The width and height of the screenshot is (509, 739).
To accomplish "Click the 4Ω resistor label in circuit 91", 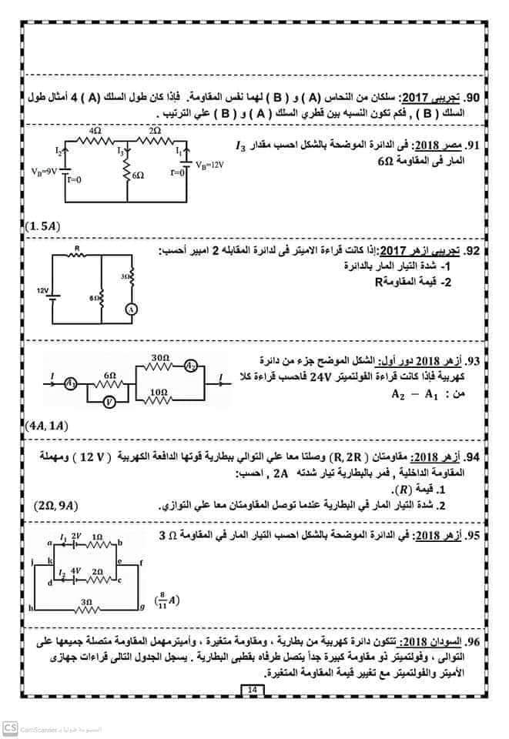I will tap(95, 132).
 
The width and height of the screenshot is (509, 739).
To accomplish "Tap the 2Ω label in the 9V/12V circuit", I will tap(155, 132).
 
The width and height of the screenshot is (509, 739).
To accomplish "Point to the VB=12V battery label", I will tap(208, 165).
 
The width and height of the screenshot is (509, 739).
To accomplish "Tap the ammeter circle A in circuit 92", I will tap(132, 309).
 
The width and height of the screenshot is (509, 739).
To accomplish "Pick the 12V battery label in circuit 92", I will tap(42, 290).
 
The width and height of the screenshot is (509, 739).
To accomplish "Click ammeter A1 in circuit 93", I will tap(71, 381).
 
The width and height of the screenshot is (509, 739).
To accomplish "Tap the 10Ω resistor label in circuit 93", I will tap(159, 392).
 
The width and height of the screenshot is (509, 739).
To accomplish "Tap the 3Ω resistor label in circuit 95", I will tap(85, 600).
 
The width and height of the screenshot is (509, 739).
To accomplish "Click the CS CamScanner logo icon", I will tap(10, 727).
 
